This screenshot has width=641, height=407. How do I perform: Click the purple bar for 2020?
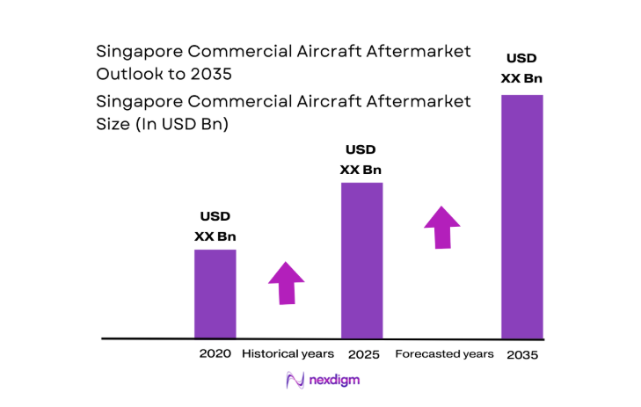215,294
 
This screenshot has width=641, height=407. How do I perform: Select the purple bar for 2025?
361,260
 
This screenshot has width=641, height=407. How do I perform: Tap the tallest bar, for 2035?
521,215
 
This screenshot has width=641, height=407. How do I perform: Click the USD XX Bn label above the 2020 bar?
215,227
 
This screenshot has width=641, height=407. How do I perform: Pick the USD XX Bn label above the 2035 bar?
521,69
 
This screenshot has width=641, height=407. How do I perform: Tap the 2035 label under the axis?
521,354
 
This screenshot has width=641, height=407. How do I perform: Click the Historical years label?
288,353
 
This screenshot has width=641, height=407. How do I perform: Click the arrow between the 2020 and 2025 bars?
286,283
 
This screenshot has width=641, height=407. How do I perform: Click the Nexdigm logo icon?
295,381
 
